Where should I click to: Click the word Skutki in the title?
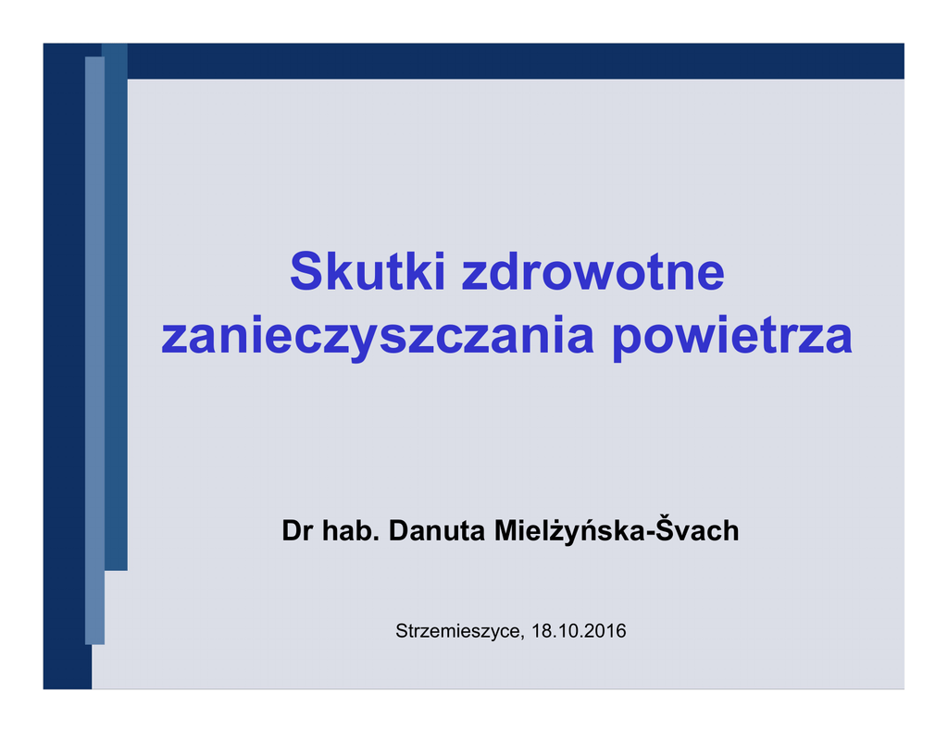(368, 271)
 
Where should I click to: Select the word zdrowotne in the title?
(593, 271)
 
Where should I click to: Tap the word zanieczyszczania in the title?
(378, 337)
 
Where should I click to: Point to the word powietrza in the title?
(732, 337)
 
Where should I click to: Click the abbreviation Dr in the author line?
(297, 530)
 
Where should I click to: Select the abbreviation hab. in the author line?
(351, 530)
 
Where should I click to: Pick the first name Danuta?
(437, 530)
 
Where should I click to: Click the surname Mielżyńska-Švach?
(617, 529)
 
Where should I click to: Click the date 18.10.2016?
(579, 631)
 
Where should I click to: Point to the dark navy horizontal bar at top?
(516, 61)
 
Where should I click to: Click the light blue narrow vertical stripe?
(95, 351)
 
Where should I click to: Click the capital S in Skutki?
(305, 271)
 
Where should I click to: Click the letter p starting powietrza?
(627, 341)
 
